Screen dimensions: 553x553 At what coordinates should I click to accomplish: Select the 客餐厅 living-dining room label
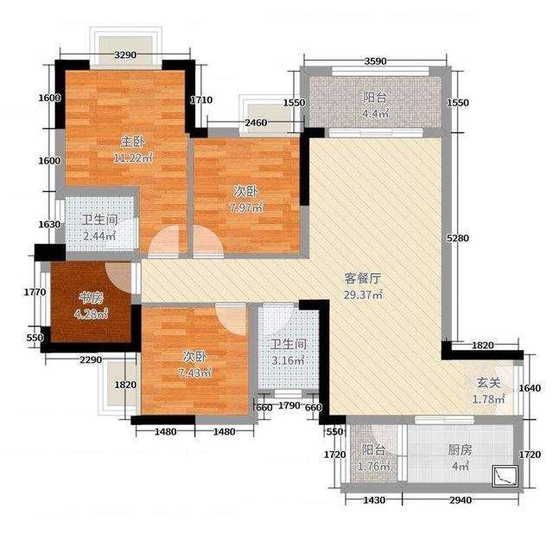[x=363, y=278]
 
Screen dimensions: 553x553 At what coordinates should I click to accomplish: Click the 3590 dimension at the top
[x=374, y=61]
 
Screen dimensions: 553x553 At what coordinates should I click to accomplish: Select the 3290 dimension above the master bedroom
[x=126, y=56]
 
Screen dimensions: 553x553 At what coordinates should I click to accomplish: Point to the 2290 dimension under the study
[x=90, y=359]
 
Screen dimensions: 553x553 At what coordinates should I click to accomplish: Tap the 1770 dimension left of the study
[x=35, y=292]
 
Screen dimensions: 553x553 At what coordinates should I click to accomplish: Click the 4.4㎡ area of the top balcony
[x=376, y=113]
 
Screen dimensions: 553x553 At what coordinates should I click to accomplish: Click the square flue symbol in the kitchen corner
[x=504, y=475]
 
